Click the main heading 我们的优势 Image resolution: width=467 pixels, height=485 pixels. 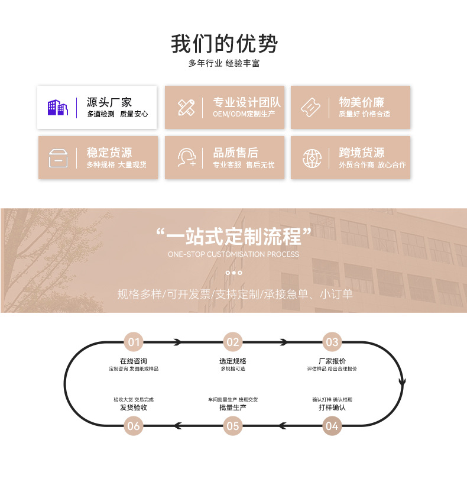[x=225, y=44]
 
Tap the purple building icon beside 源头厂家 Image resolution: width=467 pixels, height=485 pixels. [x=58, y=108]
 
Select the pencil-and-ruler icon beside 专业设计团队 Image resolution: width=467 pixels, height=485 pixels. [x=186, y=108]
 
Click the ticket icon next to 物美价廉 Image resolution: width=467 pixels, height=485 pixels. [x=311, y=108]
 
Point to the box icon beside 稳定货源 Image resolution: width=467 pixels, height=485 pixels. [x=58, y=158]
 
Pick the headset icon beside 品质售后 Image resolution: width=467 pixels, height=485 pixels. [x=186, y=158]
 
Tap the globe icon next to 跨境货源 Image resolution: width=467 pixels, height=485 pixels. [x=312, y=158]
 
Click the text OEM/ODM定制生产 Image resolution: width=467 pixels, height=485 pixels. [x=244, y=114]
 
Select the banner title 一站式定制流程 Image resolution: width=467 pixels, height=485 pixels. [x=234, y=237]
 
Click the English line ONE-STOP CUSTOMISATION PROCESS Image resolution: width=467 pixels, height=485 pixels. [x=234, y=254]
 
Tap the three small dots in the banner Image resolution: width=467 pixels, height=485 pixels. [x=234, y=273]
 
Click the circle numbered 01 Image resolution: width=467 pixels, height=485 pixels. [x=134, y=342]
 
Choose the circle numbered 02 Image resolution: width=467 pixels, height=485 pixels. [x=233, y=342]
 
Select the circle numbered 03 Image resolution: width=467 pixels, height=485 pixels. [x=332, y=342]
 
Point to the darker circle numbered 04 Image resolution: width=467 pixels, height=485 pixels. [x=332, y=425]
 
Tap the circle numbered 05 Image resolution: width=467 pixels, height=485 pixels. [x=233, y=425]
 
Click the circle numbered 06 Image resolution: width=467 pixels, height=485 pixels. [x=134, y=425]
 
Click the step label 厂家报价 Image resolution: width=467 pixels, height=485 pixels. [x=332, y=361]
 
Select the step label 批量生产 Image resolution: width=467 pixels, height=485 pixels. [x=233, y=408]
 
